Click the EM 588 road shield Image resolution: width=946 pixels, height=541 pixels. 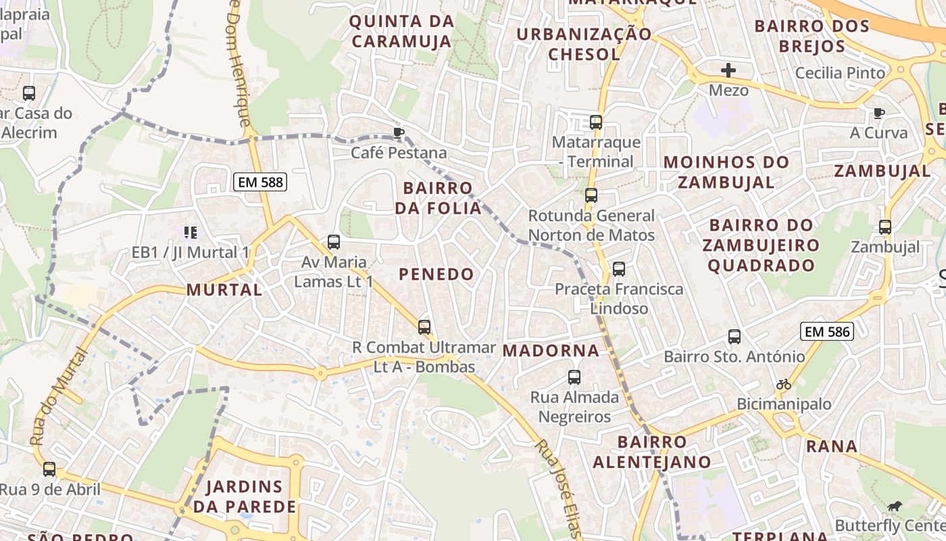(x=260, y=181)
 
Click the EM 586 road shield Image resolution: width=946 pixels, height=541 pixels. (x=827, y=331)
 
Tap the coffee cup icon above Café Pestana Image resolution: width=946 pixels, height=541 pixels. (x=398, y=132)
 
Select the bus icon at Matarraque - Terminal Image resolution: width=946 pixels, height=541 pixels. (x=595, y=122)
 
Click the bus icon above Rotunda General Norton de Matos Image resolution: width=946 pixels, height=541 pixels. (x=591, y=195)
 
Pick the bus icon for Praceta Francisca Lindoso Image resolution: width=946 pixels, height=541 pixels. (x=618, y=269)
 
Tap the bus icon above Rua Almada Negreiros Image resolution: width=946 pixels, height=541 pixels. (x=574, y=377)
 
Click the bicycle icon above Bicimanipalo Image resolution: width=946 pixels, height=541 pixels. (x=784, y=384)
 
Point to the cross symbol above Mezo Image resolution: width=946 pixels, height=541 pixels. (x=728, y=70)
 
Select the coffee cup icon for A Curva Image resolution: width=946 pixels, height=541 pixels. (x=878, y=113)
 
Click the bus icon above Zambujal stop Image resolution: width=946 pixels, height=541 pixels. (x=885, y=227)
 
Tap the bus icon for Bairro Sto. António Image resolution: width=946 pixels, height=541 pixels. (x=735, y=336)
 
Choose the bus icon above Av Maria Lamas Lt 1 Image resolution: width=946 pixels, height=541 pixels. (x=333, y=241)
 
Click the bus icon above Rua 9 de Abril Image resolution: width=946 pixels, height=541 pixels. (x=49, y=469)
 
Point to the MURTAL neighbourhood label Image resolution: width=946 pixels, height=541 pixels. (x=224, y=290)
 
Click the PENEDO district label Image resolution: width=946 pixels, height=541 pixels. (x=437, y=274)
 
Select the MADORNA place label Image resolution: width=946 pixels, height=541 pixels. (x=551, y=350)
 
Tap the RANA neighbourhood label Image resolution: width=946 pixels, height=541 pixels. (x=832, y=446)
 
